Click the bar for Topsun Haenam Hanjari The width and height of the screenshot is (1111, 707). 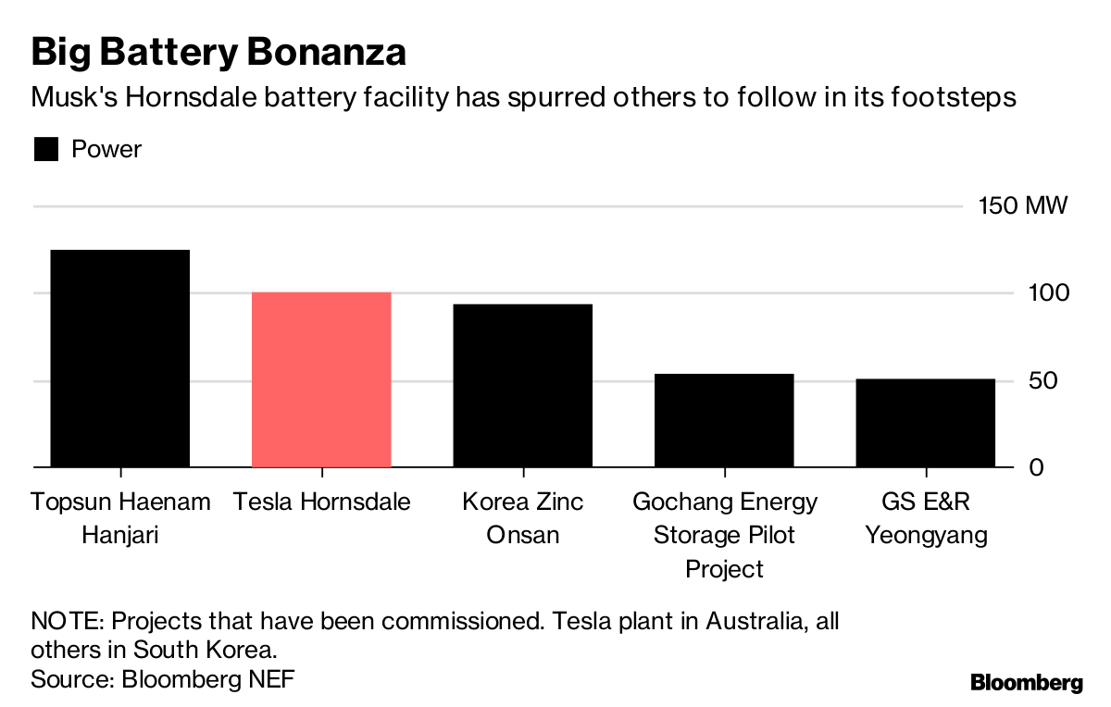[x=119, y=358]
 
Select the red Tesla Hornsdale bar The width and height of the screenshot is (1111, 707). [x=321, y=379]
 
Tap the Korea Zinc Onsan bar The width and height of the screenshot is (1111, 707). [x=522, y=385]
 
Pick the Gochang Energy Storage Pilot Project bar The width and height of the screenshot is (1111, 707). [x=724, y=420]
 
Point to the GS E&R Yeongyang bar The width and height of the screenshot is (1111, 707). [x=925, y=423]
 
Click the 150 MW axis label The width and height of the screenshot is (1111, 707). [x=1023, y=205]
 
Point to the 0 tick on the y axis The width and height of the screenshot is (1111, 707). [x=1036, y=467]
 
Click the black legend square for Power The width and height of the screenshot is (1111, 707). [x=46, y=150]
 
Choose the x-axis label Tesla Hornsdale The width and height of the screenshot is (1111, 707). [x=321, y=502]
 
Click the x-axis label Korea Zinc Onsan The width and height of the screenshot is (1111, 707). [x=523, y=518]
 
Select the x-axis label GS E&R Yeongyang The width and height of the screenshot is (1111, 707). [x=926, y=518]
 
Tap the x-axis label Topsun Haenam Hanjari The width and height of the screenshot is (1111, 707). [x=120, y=518]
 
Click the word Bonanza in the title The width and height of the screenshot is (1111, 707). [x=328, y=53]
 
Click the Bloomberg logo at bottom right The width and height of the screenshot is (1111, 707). [x=1026, y=683]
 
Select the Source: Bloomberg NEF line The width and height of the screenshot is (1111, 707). [x=163, y=678]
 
